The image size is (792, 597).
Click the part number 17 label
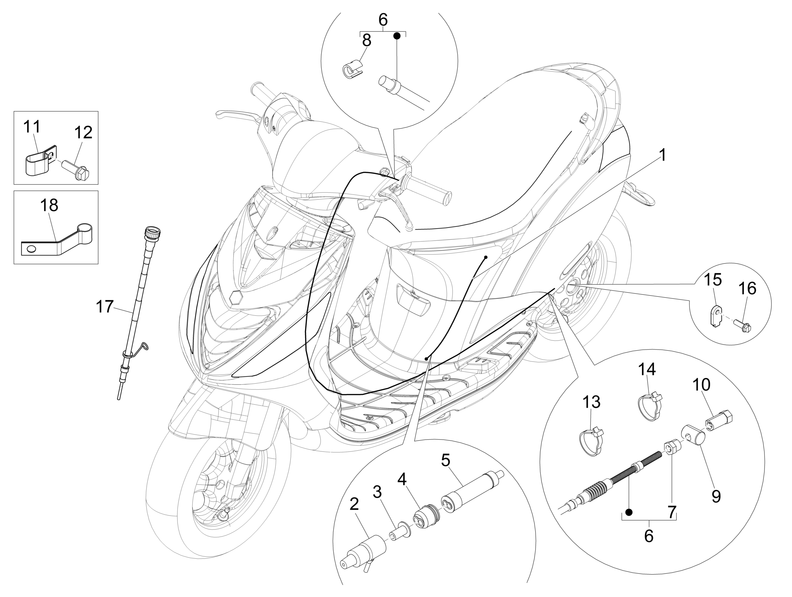(104, 307)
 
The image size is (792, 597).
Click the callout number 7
(672, 512)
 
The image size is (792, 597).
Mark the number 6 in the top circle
(383, 20)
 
